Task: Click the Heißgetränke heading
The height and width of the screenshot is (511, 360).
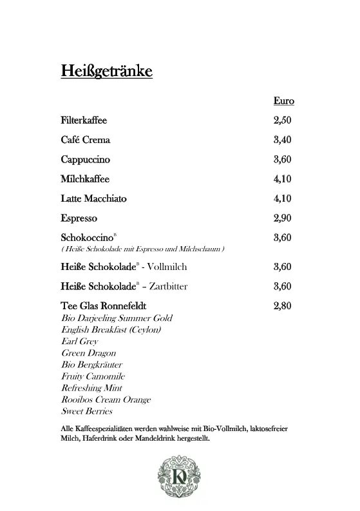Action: tap(106, 70)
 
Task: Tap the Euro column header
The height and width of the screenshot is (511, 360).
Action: tap(283, 101)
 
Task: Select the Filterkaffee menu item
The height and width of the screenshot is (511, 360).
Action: tap(84, 121)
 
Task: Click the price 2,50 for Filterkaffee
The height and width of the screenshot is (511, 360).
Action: tap(283, 121)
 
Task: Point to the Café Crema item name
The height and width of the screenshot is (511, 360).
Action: tap(86, 140)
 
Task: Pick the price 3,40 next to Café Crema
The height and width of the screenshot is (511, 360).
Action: tap(283, 140)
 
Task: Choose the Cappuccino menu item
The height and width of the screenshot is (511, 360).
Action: tap(86, 159)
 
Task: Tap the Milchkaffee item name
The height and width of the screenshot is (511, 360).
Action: tap(85, 179)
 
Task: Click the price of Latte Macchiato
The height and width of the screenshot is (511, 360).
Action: tap(283, 198)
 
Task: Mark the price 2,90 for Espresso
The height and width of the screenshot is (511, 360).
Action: tap(283, 218)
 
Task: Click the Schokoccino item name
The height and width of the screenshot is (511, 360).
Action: tap(87, 238)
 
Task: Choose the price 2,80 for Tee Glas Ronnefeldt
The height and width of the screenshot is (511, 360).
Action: tap(283, 306)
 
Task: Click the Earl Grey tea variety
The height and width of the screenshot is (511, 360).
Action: tap(80, 342)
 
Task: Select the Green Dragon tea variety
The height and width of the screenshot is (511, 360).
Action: tap(90, 353)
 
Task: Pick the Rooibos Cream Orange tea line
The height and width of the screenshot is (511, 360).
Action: tap(106, 400)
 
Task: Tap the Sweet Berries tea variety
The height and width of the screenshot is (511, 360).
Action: tap(87, 411)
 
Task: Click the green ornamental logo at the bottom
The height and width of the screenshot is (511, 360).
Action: tap(180, 479)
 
